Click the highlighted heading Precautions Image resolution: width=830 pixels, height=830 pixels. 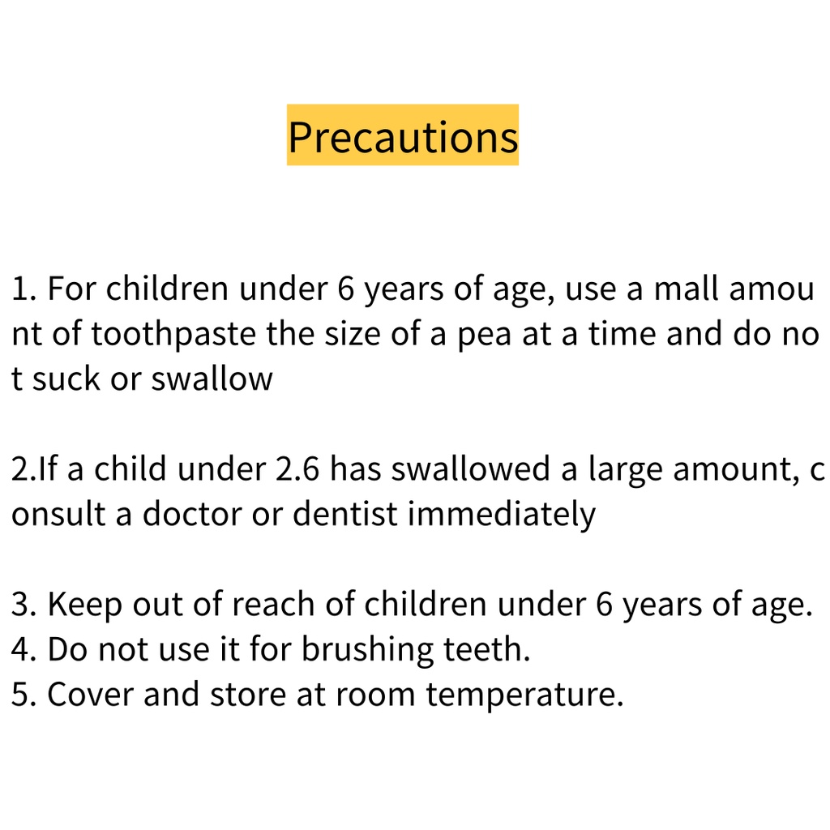403,135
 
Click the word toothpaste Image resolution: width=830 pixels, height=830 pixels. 173,334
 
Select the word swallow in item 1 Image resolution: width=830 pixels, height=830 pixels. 212,379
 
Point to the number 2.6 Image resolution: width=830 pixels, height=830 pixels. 297,469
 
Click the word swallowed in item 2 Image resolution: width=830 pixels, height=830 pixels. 471,469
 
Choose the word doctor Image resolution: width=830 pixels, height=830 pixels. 192,514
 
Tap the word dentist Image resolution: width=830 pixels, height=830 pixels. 344,514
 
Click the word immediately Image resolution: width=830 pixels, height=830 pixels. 502,515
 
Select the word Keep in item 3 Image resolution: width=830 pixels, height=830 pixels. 84,605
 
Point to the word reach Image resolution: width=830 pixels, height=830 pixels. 273,605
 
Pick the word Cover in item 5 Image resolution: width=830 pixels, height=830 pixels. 90,695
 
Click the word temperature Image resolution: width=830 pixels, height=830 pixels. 525,695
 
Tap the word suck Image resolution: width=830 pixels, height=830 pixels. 66,379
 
